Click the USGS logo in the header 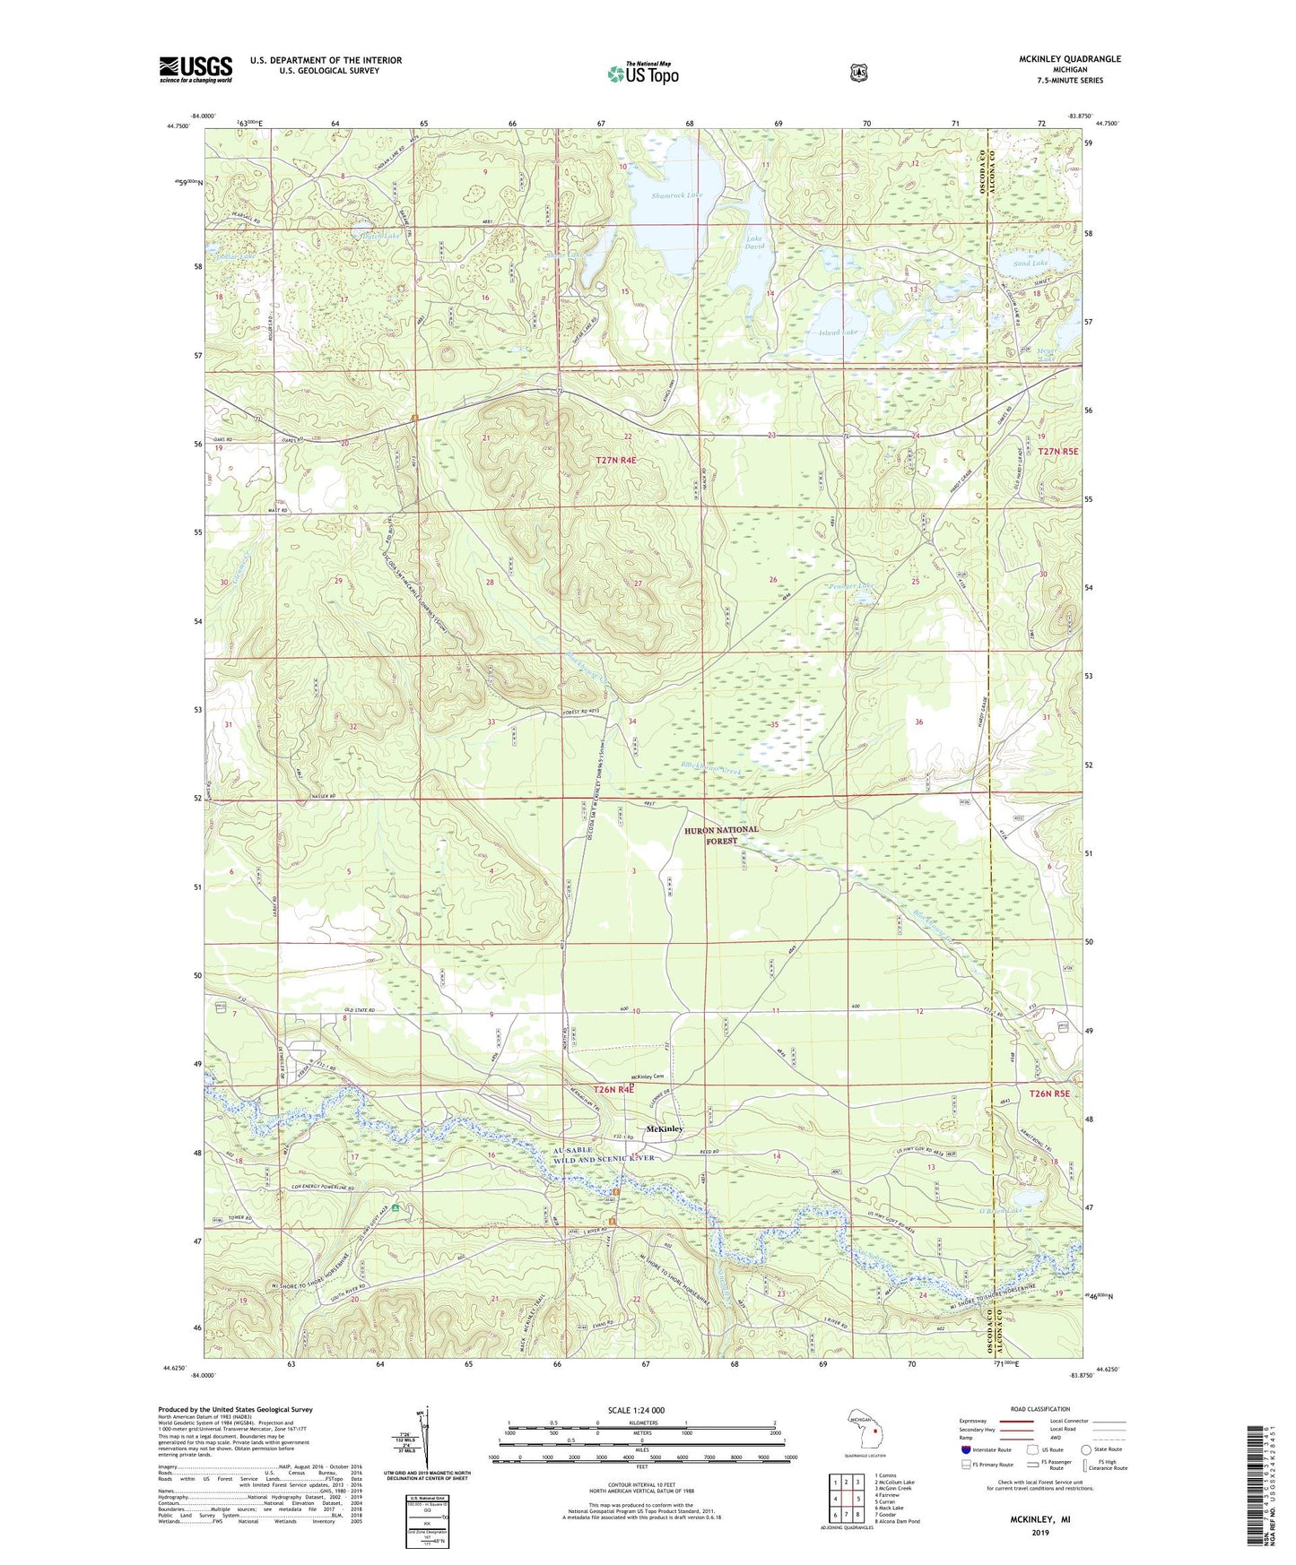pyautogui.click(x=196, y=69)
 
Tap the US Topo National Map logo pyautogui.click(x=642, y=73)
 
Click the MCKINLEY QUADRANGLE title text pyautogui.click(x=1069, y=59)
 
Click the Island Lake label pyautogui.click(x=838, y=333)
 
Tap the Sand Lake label pyautogui.click(x=1031, y=264)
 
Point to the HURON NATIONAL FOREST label pyautogui.click(x=721, y=834)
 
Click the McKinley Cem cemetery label pyautogui.click(x=652, y=1076)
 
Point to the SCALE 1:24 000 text pyautogui.click(x=636, y=1410)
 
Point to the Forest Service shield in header pyautogui.click(x=858, y=72)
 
